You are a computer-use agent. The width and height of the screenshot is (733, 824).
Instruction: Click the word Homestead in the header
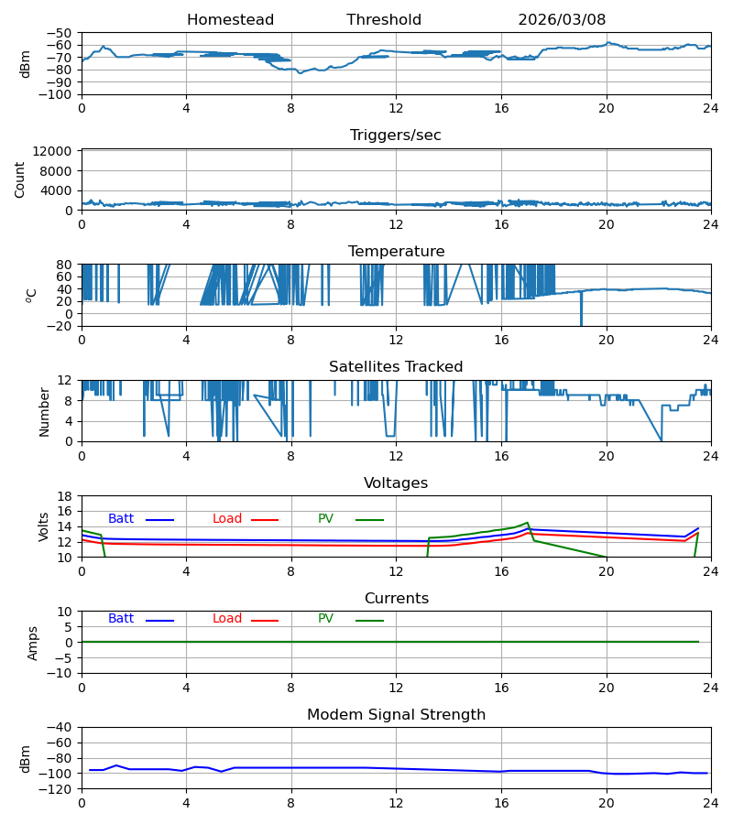(x=230, y=20)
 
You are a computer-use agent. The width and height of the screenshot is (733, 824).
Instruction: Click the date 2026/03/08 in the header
(x=562, y=20)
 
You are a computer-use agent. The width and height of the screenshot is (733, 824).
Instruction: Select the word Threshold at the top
(x=384, y=20)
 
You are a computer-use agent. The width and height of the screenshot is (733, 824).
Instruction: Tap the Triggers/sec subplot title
(x=396, y=136)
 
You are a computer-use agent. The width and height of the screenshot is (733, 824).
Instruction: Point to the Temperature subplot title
(x=396, y=251)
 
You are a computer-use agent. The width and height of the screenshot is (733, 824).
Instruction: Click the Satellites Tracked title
(x=396, y=367)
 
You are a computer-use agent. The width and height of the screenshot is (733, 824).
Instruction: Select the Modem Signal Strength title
(x=396, y=715)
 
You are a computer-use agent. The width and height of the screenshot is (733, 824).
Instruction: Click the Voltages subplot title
(x=396, y=482)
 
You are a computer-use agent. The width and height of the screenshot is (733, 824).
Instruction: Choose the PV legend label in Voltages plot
(x=325, y=519)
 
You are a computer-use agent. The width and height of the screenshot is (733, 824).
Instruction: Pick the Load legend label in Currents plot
(x=227, y=619)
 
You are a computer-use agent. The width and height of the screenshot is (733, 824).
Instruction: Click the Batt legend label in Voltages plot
(x=121, y=519)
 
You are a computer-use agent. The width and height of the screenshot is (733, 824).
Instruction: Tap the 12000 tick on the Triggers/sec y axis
(x=51, y=151)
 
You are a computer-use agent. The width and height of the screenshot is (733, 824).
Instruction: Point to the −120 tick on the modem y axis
(x=58, y=789)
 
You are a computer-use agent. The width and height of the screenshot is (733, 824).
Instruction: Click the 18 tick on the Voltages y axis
(x=65, y=496)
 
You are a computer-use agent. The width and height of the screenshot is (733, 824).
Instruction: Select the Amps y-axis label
(x=33, y=644)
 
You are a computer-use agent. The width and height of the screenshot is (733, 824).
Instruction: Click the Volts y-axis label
(x=44, y=526)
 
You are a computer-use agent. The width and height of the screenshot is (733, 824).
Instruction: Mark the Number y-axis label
(x=44, y=412)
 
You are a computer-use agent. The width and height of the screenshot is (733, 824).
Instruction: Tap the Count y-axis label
(x=19, y=179)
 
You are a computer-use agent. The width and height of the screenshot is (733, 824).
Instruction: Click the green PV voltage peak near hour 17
(x=528, y=523)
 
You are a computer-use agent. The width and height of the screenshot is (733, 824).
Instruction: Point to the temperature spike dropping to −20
(x=581, y=309)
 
